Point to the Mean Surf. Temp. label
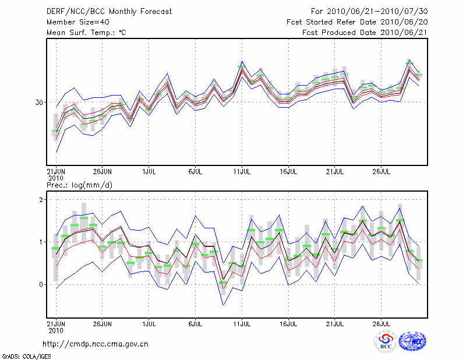(86, 33)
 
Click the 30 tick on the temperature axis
(40, 103)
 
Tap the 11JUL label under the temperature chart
(242, 172)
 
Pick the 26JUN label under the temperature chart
(102, 172)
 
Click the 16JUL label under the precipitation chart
(288, 322)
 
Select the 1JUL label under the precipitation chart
(149, 322)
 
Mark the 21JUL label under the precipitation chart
(334, 322)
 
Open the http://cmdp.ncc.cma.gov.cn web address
(96, 344)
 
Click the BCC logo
(386, 342)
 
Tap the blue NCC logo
(412, 341)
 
